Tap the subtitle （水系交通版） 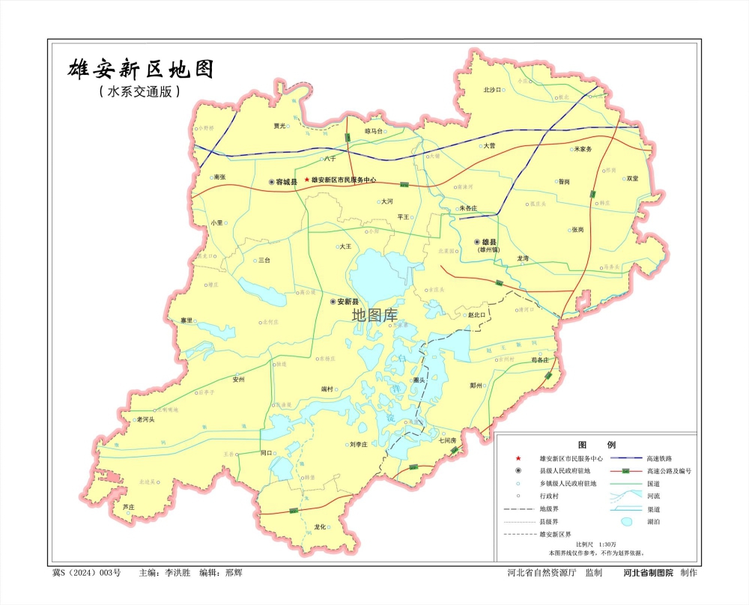(x=139, y=92)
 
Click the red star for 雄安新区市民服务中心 (x=306, y=180)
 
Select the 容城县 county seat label (x=286, y=182)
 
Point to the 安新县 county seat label (x=348, y=302)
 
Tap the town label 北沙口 (x=491, y=90)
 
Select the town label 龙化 (x=321, y=526)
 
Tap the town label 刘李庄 (x=358, y=444)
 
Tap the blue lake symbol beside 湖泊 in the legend (x=626, y=521)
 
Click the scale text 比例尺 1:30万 (x=596, y=544)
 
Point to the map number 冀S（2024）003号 (x=86, y=573)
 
